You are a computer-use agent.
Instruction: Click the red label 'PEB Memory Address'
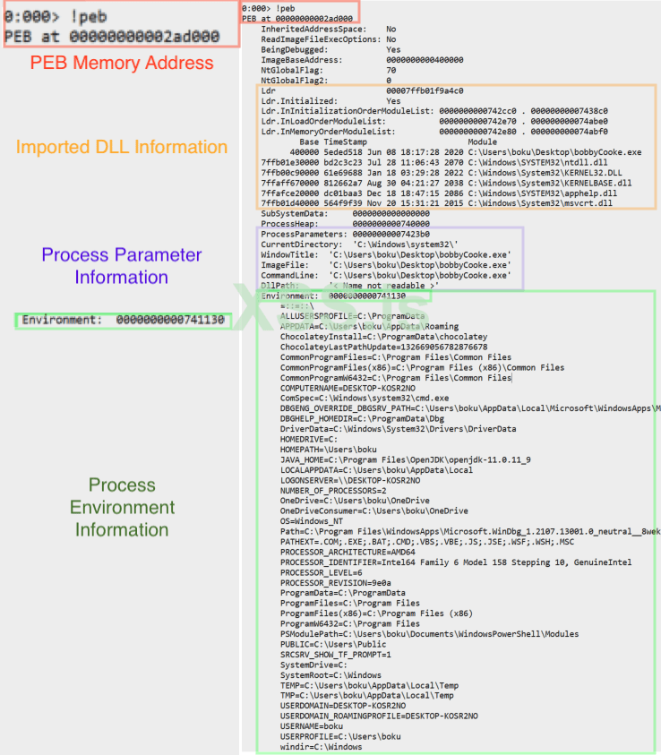point(122,63)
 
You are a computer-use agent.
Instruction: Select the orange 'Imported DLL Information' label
point(122,146)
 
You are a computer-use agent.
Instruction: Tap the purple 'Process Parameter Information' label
point(122,266)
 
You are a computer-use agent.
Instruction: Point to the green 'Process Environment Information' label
point(122,507)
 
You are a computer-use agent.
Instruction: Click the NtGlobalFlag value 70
point(391,70)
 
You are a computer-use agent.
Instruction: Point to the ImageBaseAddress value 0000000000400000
point(425,60)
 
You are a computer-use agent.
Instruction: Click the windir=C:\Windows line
point(321,747)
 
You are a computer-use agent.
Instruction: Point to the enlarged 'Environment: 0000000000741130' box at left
point(124,320)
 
